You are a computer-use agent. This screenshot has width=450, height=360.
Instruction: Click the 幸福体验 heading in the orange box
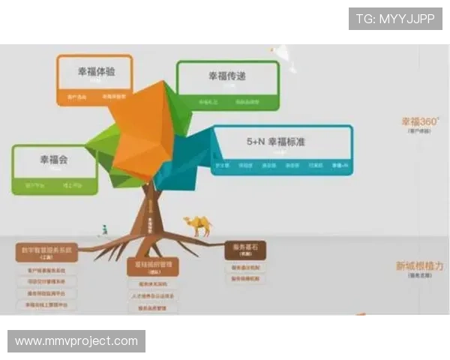tap(94, 72)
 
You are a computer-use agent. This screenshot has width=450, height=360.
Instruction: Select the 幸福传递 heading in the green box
tap(227, 76)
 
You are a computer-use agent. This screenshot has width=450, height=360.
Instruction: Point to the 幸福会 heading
tap(54, 160)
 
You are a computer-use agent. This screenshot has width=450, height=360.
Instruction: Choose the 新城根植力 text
tap(419, 265)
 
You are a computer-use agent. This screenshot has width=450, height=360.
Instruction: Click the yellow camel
tap(198, 224)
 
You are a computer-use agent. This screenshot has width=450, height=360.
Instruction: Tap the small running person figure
tap(110, 227)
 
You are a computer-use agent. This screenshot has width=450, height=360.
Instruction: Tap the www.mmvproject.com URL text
tap(76, 341)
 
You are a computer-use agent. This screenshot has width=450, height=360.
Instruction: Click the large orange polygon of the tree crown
tap(142, 127)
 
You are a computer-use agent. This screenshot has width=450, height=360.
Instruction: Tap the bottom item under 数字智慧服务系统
tap(47, 305)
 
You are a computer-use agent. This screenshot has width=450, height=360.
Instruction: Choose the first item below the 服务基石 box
tap(245, 267)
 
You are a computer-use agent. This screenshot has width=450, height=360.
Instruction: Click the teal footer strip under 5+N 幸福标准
tap(281, 165)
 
